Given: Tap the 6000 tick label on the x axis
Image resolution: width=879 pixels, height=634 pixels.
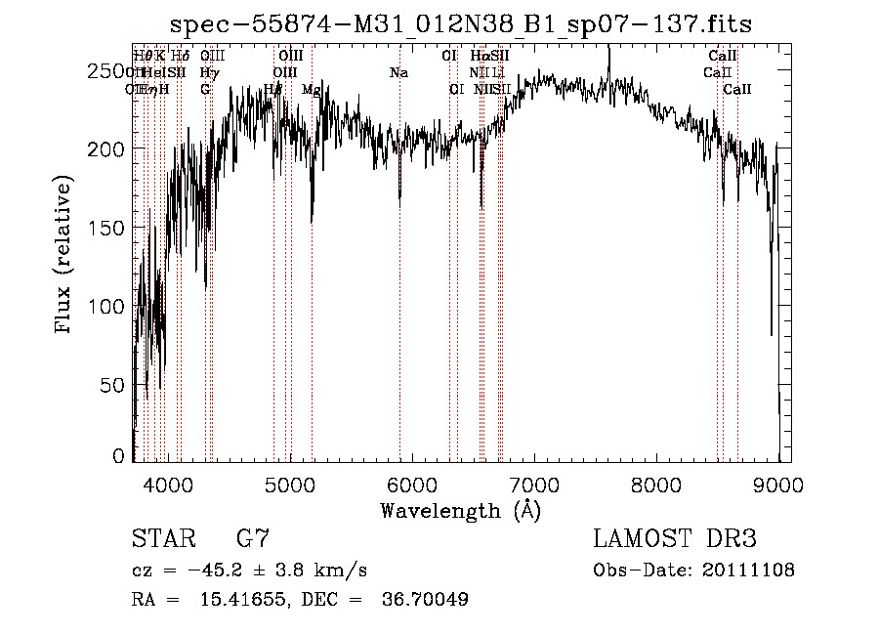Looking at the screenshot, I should click(412, 482).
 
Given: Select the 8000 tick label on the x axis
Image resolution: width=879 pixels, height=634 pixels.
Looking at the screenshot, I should click(656, 482).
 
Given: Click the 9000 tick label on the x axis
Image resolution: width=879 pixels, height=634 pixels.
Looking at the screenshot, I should click(778, 482).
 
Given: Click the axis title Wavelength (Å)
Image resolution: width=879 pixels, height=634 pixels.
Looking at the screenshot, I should click(460, 510).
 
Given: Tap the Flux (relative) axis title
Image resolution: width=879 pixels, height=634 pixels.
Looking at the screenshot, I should click(65, 256).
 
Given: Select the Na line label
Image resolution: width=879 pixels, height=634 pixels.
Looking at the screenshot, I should click(398, 73).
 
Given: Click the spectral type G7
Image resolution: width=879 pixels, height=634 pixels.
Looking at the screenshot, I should click(252, 539).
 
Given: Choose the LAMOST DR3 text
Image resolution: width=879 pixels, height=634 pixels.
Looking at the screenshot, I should click(675, 539).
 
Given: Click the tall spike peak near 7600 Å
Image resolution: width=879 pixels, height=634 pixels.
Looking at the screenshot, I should click(608, 49).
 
